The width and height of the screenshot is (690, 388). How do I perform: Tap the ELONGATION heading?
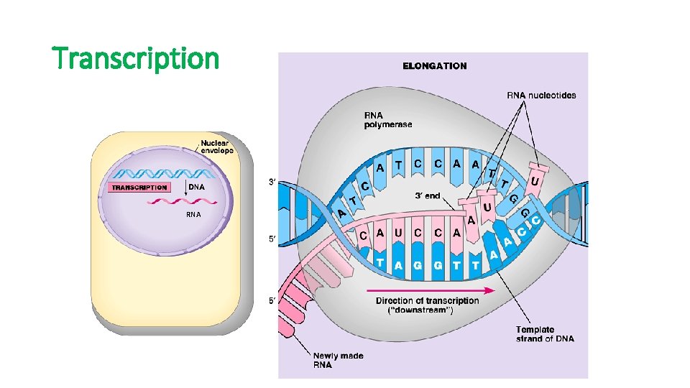(x=434, y=65)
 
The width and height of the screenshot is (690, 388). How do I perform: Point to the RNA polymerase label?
(x=388, y=119)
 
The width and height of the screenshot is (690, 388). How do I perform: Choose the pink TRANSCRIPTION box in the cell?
(x=139, y=188)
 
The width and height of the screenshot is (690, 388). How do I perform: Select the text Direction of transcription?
(x=427, y=300)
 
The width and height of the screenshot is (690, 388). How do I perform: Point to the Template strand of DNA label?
(x=545, y=334)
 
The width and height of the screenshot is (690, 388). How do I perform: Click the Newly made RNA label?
(x=338, y=360)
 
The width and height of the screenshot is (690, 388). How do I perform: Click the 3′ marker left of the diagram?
(x=272, y=183)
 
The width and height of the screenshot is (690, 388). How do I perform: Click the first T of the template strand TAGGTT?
(x=379, y=264)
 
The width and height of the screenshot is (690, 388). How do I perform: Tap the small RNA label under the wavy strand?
(x=193, y=214)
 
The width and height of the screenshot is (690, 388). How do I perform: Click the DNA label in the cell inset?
(x=196, y=187)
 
